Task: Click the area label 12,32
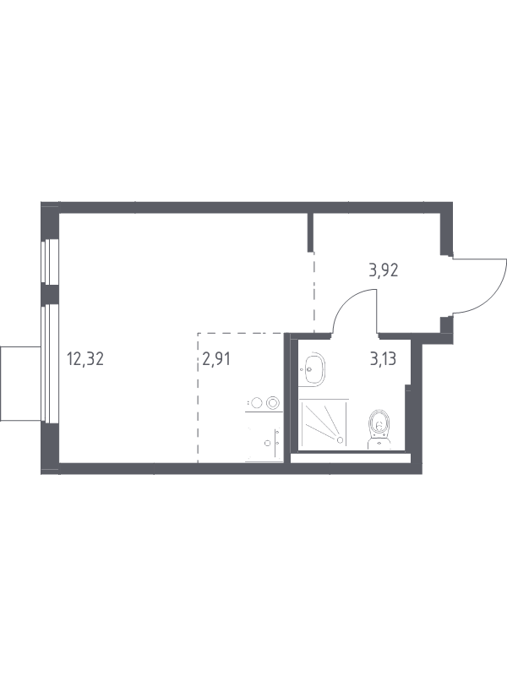pos(85,358)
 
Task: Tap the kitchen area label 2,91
pos(216,358)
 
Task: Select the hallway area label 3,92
pos(384,270)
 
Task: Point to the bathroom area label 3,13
pos(384,358)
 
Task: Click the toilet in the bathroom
pos(379,429)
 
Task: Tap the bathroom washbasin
pos(313,369)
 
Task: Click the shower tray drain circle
pos(341,440)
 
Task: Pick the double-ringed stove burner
pos(272,403)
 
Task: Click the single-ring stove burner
pos(257,403)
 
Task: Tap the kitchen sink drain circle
pos(267,443)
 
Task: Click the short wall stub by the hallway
pos(310,232)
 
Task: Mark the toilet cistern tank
pos(379,443)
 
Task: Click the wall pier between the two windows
pos(50,295)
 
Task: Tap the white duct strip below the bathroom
pos(350,458)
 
